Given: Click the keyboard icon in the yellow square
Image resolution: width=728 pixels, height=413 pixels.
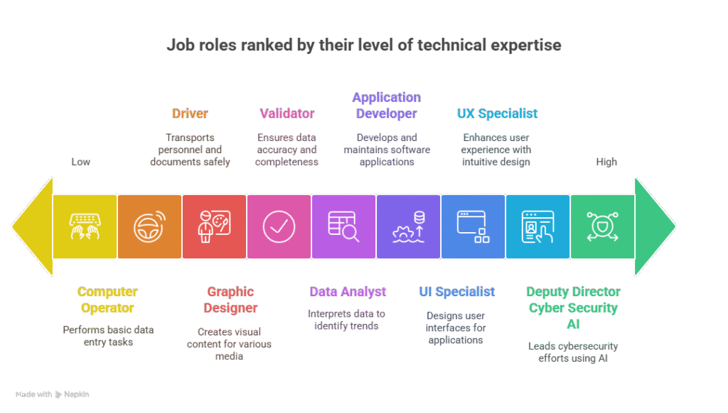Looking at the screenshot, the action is click(x=85, y=226).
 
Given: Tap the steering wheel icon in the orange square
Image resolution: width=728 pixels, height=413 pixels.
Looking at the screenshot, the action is click(x=149, y=226).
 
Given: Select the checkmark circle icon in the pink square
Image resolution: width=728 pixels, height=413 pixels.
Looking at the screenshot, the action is click(x=279, y=226).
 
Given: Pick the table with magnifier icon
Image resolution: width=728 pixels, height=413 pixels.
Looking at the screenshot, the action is click(x=343, y=226).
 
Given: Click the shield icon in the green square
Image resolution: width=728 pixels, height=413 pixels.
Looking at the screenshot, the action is click(x=602, y=226).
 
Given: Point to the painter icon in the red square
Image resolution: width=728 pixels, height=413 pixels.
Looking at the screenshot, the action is click(x=214, y=226).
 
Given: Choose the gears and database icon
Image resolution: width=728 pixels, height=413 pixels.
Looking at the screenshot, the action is click(x=409, y=226).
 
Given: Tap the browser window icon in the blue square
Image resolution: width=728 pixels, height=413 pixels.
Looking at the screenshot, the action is click(x=473, y=226).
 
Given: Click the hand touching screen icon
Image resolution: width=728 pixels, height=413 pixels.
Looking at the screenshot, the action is click(x=537, y=226).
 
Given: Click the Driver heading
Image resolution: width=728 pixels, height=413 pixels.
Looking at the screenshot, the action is click(x=190, y=113).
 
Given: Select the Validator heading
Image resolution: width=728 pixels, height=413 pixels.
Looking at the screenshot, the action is click(x=287, y=113).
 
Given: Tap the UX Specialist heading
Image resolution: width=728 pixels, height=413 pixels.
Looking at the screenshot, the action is click(x=497, y=113).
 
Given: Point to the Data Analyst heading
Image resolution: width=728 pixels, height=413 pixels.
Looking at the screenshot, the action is click(x=348, y=292).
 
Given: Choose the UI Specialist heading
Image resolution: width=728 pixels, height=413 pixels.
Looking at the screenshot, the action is click(x=457, y=292).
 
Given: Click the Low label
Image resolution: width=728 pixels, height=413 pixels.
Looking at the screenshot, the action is click(x=81, y=162).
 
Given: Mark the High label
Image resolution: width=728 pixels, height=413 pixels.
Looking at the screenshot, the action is click(x=606, y=162).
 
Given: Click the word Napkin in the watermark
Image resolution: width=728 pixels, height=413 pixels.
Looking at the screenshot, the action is click(x=77, y=394).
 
